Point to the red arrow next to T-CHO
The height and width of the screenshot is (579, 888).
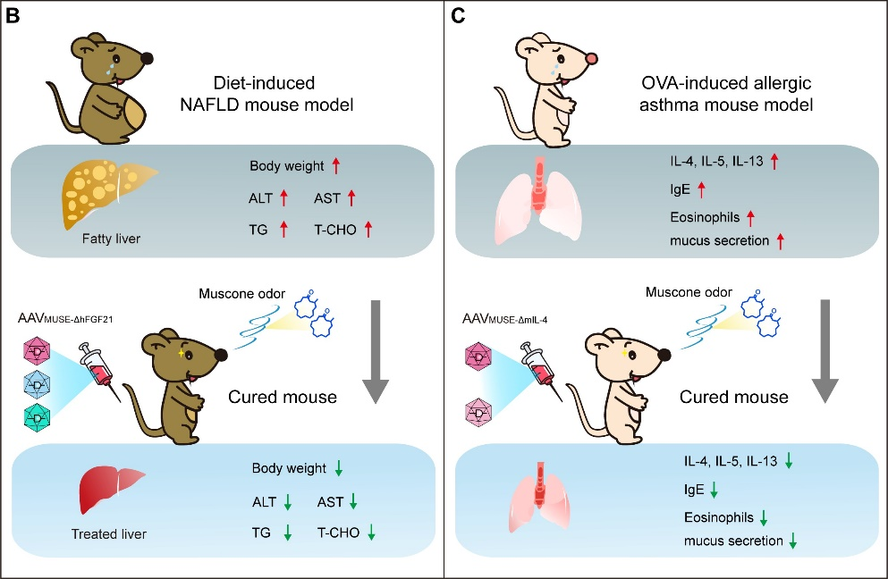[367, 230]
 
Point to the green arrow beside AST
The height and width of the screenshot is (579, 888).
[353, 503]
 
